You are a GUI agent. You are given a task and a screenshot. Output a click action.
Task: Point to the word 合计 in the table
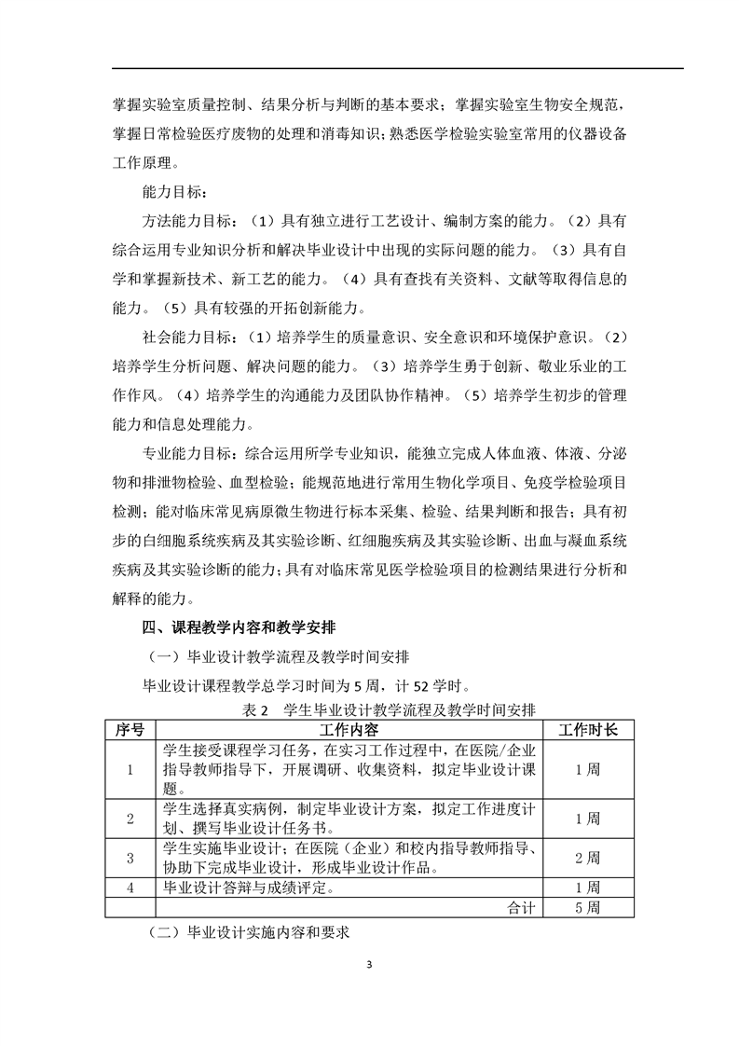tap(521, 906)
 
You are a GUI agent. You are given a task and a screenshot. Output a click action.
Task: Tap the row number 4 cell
tap(130, 887)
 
